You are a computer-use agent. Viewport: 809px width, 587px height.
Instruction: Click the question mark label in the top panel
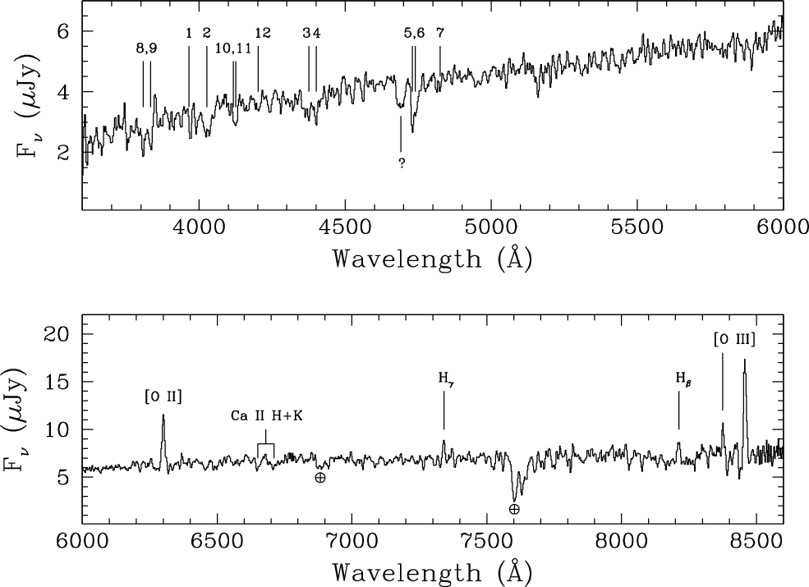(x=402, y=163)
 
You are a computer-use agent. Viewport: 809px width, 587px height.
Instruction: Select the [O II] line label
(x=163, y=398)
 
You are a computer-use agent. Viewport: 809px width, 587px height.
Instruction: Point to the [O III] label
(x=734, y=337)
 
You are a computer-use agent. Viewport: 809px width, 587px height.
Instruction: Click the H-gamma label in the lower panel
(x=444, y=378)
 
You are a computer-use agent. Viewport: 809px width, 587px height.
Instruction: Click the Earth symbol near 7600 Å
(x=514, y=510)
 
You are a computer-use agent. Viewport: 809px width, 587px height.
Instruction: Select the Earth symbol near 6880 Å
(x=319, y=477)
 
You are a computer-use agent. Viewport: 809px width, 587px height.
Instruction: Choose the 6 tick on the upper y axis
(x=63, y=31)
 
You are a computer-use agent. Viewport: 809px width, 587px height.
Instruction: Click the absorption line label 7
(x=440, y=33)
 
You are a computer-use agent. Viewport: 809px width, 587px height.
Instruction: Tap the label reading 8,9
(x=146, y=48)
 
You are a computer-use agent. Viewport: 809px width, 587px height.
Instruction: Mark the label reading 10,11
(x=233, y=48)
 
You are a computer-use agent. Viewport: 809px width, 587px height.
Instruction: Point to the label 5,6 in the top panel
(x=414, y=33)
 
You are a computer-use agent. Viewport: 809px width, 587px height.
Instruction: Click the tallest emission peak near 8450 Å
(x=744, y=360)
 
